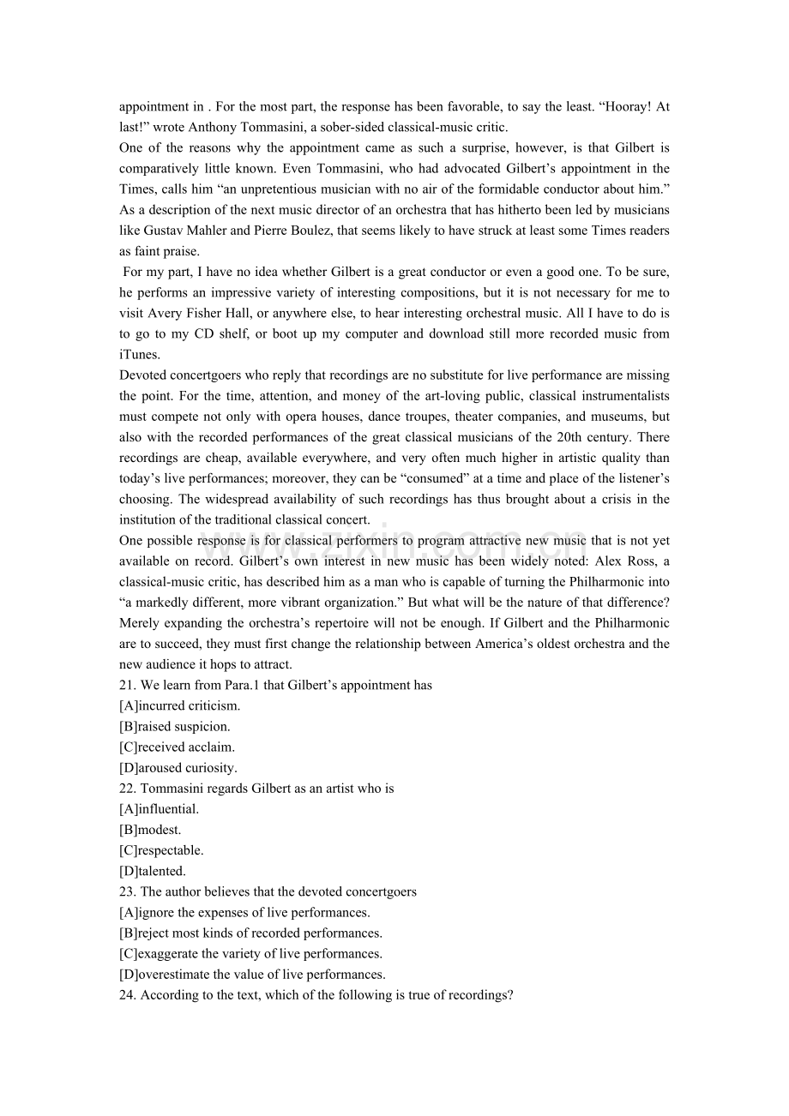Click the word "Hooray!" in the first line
630,107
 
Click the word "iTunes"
138,354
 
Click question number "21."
128,685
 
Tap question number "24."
128,995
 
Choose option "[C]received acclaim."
177,747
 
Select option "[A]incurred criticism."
179,706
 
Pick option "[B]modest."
150,830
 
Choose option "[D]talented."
153,871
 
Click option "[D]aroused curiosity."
178,768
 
